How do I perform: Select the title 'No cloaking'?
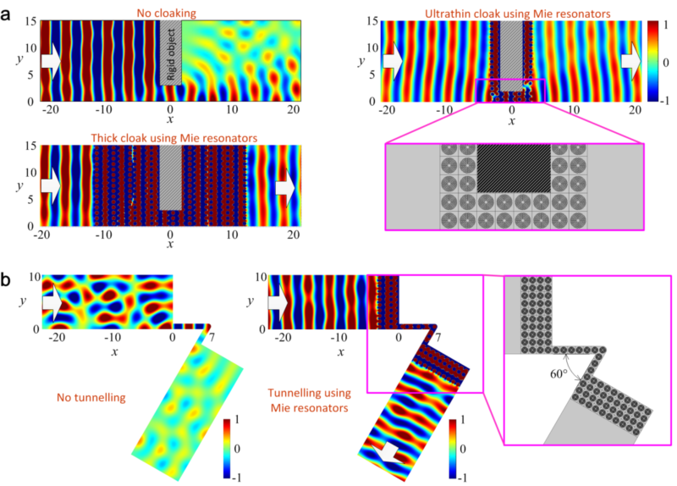point(169,11)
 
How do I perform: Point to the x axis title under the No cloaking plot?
point(170,118)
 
